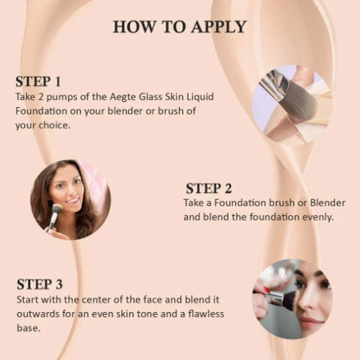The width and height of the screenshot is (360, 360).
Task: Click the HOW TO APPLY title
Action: tap(180, 27)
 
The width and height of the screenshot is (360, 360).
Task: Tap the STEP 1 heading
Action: tap(38, 82)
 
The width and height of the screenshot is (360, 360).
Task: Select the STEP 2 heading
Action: tap(209, 189)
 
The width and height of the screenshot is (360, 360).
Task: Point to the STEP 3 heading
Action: tap(40, 284)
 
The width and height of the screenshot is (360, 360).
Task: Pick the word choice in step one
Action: tap(54, 126)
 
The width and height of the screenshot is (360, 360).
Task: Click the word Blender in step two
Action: tap(328, 203)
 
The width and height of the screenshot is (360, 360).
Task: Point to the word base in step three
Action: tap(28, 328)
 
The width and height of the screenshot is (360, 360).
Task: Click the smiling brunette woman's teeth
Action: tap(73, 200)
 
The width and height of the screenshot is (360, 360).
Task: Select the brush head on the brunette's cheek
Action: tap(57, 209)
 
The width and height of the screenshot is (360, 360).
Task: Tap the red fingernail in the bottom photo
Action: tap(266, 290)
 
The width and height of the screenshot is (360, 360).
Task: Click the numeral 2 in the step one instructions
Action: tap(40, 97)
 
